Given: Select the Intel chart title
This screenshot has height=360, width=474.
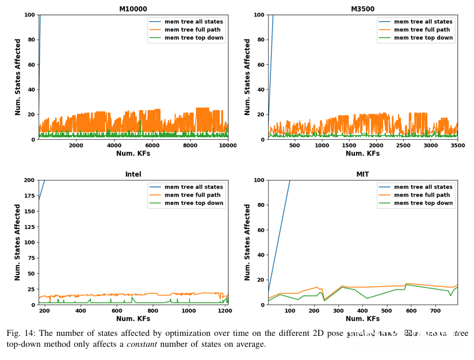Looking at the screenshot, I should tap(133, 174).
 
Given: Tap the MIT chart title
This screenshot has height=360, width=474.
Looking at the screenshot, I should tap(363, 174).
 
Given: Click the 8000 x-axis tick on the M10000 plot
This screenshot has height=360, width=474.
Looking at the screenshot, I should tap(190, 146).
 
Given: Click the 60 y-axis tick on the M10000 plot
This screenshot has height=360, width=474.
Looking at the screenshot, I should tap(32, 64).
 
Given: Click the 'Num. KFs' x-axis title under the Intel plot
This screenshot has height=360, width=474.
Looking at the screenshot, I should tap(133, 319).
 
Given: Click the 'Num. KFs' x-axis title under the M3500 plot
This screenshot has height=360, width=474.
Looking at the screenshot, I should tap(363, 154).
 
